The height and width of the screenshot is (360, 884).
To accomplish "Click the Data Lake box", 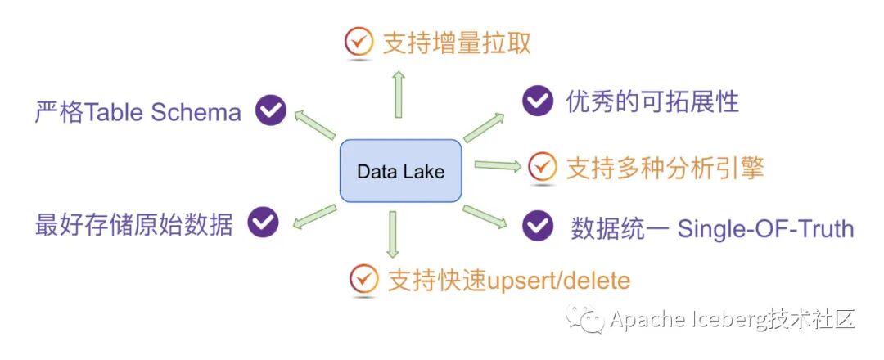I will point(401,172).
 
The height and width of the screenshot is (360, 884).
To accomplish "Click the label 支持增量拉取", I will point(457,43).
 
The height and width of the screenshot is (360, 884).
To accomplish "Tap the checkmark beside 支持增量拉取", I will point(358,42).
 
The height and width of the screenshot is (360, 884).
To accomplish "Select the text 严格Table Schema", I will point(138,112).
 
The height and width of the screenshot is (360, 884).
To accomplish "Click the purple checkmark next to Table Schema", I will point(270,110).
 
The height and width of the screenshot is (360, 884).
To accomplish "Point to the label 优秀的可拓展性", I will point(652,101).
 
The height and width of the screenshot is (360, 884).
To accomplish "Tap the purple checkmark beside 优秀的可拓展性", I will point(537,101).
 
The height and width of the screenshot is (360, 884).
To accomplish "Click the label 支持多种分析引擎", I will point(665,168).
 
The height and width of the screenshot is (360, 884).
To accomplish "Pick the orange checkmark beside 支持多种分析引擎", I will point(541,167).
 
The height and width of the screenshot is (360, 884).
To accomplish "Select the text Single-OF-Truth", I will point(765,228).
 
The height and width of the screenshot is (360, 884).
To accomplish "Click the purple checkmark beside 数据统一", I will point(538,225).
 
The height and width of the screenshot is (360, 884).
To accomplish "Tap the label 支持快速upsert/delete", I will point(508,281).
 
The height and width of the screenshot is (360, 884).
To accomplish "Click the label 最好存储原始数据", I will point(134,224).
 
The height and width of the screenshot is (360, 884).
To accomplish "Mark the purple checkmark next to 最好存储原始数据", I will point(264,222).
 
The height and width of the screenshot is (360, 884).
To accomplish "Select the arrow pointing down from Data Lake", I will point(394,236).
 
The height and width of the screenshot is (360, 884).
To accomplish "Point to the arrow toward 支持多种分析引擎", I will point(497,166).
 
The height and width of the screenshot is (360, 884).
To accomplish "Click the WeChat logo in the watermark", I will point(592,319).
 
